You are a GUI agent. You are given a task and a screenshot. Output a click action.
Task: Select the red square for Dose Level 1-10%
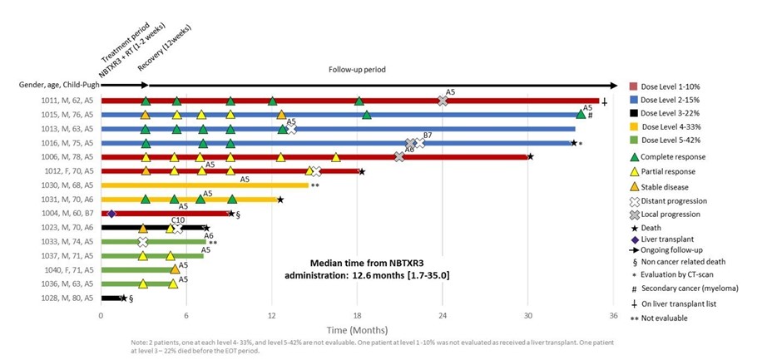(x=635, y=86)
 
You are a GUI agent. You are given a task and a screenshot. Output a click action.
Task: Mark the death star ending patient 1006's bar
(x=530, y=156)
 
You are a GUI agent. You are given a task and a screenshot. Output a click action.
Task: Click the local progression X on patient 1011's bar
(x=443, y=101)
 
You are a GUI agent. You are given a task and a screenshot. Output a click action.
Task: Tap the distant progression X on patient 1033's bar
(x=143, y=242)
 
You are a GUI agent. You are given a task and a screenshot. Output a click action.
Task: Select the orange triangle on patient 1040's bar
(x=175, y=269)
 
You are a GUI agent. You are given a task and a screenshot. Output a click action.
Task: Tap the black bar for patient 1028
(x=111, y=298)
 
